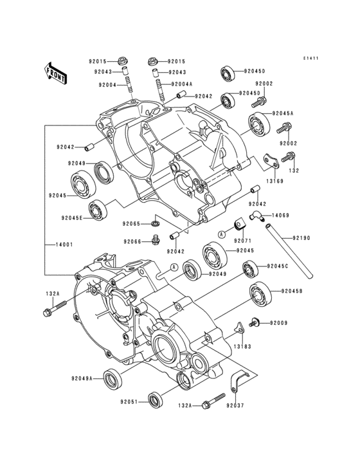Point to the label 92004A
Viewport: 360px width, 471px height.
pyautogui.click(x=182, y=84)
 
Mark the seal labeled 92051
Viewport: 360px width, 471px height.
pyautogui.click(x=156, y=400)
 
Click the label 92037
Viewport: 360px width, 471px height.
pyautogui.click(x=235, y=406)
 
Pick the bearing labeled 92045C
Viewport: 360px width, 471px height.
pyautogui.click(x=251, y=268)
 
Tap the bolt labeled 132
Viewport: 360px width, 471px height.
pyautogui.click(x=289, y=156)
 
